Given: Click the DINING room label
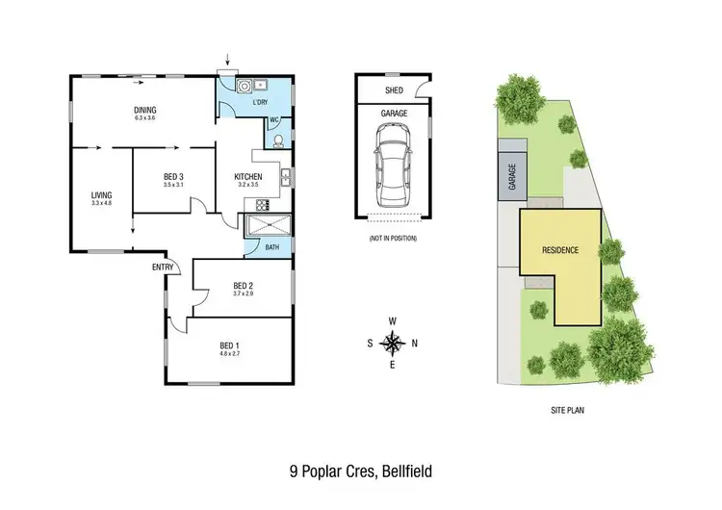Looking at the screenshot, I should point(145,111).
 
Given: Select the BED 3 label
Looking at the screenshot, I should point(174,175).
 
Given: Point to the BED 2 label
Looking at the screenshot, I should point(244,285).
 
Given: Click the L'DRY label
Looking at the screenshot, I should point(259,102).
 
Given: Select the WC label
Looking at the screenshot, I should point(273,120).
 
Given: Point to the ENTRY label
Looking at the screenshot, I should point(162,267).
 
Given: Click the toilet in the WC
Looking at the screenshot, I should point(277,141).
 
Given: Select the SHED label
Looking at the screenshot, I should point(394,89).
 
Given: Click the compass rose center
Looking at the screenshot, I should point(392,342).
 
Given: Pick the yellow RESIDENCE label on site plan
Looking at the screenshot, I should point(560,250).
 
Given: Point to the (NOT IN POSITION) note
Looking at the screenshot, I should point(393,237).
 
